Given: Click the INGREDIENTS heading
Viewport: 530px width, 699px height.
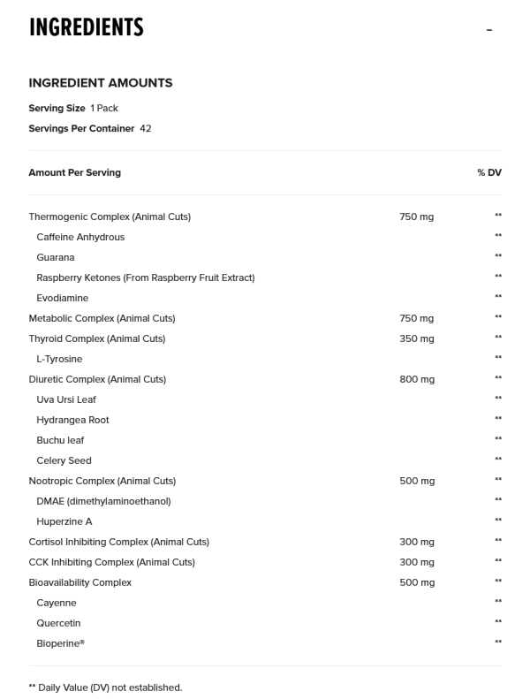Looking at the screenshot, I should tap(86, 28).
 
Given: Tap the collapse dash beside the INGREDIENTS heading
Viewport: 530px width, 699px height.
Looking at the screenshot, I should tap(488, 30).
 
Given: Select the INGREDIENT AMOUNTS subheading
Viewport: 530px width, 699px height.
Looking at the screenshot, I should tap(101, 83).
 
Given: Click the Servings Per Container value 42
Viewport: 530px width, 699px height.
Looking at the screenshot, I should tap(146, 128).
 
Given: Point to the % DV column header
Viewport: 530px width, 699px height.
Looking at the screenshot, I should tap(488, 172).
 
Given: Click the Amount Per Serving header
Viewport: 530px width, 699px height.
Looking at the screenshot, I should tap(74, 172).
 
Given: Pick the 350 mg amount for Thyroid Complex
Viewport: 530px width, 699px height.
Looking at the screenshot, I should tap(417, 338).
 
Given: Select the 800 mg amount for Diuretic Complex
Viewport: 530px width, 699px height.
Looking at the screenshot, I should tap(417, 379).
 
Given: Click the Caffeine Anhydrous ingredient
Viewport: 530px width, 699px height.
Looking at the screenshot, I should tap(80, 237).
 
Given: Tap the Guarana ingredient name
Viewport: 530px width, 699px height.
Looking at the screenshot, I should tap(56, 257).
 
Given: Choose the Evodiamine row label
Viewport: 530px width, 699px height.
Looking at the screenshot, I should tap(63, 298).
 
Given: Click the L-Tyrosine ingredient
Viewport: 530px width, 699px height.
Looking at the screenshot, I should tap(59, 359).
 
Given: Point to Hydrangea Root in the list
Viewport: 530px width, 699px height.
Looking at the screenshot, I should tap(72, 420).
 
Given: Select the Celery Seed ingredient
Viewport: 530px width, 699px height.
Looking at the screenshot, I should tap(64, 460).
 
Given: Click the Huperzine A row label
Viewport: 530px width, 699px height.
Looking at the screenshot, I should tap(64, 521).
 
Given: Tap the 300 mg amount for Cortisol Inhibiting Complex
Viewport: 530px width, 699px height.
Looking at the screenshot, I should tap(417, 542).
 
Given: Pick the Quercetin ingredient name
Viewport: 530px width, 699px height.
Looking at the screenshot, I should tap(59, 623).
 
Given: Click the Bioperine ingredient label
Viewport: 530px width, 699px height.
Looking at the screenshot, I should tap(60, 643).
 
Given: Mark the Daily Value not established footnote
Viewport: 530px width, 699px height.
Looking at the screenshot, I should tap(105, 687).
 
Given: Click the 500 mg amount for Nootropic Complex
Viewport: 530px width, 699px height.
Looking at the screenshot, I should tap(417, 481).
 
